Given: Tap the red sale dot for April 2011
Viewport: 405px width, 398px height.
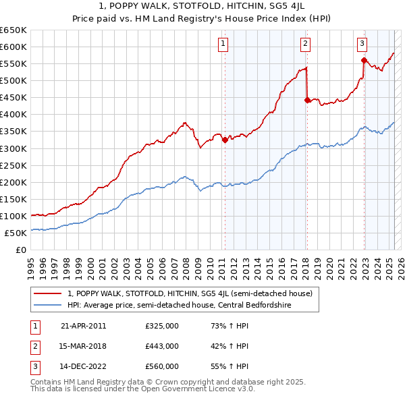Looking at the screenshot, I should click(225, 140).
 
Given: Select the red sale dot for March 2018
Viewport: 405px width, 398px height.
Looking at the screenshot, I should click(307, 100).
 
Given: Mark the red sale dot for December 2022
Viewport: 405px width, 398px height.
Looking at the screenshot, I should click(364, 60).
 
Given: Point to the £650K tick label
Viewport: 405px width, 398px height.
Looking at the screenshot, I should click(13, 30).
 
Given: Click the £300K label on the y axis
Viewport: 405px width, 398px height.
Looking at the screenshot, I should click(13, 148).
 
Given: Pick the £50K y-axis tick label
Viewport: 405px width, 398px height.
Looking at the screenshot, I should click(16, 233).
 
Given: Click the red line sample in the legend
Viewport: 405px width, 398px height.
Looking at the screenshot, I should click(47, 293).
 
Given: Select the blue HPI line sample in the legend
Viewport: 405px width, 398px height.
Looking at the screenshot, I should click(47, 305).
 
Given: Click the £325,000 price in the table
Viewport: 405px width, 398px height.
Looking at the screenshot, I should click(162, 326).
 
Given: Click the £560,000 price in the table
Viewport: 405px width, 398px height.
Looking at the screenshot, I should click(162, 366).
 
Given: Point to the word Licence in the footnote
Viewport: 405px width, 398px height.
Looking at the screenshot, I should click(217, 389).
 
